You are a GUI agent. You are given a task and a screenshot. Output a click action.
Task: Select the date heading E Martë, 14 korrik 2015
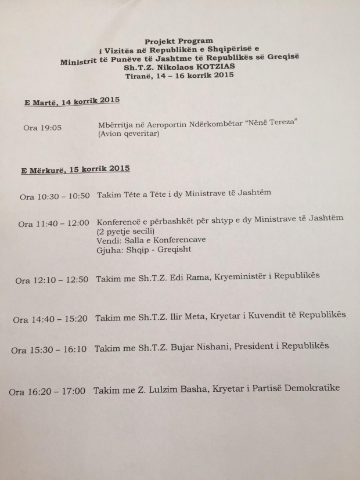coord(71,102)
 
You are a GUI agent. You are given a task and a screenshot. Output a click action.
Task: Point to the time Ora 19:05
coord(42,127)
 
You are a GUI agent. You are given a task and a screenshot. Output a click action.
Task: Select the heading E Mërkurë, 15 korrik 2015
coord(75,169)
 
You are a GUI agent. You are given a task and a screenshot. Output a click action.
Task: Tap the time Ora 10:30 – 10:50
coord(55,196)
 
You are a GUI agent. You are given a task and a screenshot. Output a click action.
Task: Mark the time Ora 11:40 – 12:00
coord(53,223)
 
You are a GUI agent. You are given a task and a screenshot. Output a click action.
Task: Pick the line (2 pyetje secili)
coord(125,230)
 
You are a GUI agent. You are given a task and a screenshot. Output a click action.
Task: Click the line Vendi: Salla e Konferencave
coord(152,240)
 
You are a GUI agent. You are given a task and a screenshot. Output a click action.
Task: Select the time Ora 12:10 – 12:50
coord(52,279)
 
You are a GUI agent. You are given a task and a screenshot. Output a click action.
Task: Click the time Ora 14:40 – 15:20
coord(50,319)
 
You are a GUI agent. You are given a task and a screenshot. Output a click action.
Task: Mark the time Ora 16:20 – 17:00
coord(47,392)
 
